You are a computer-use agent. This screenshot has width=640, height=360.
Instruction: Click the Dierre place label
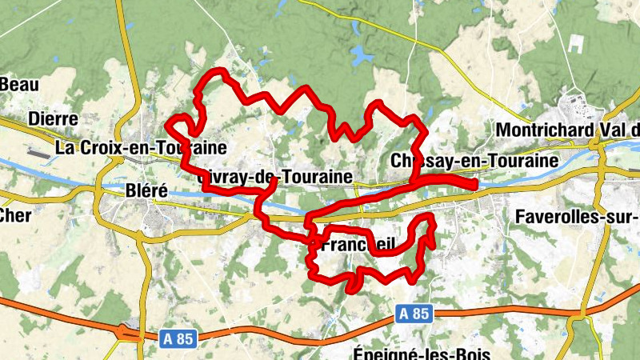pos(53,119)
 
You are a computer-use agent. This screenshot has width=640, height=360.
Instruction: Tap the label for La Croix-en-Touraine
pos(142,148)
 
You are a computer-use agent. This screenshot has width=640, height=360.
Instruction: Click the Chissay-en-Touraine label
pos(474,161)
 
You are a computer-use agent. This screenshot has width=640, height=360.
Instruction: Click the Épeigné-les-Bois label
pos(421,353)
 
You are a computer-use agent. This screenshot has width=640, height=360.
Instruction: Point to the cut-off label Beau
pos(20,84)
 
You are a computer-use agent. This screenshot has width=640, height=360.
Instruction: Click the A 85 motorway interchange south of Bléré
pos(126,331)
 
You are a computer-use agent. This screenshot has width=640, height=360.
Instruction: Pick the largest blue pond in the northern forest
pos(362,55)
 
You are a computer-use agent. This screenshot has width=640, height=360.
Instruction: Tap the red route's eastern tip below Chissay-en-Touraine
pos(474,185)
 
